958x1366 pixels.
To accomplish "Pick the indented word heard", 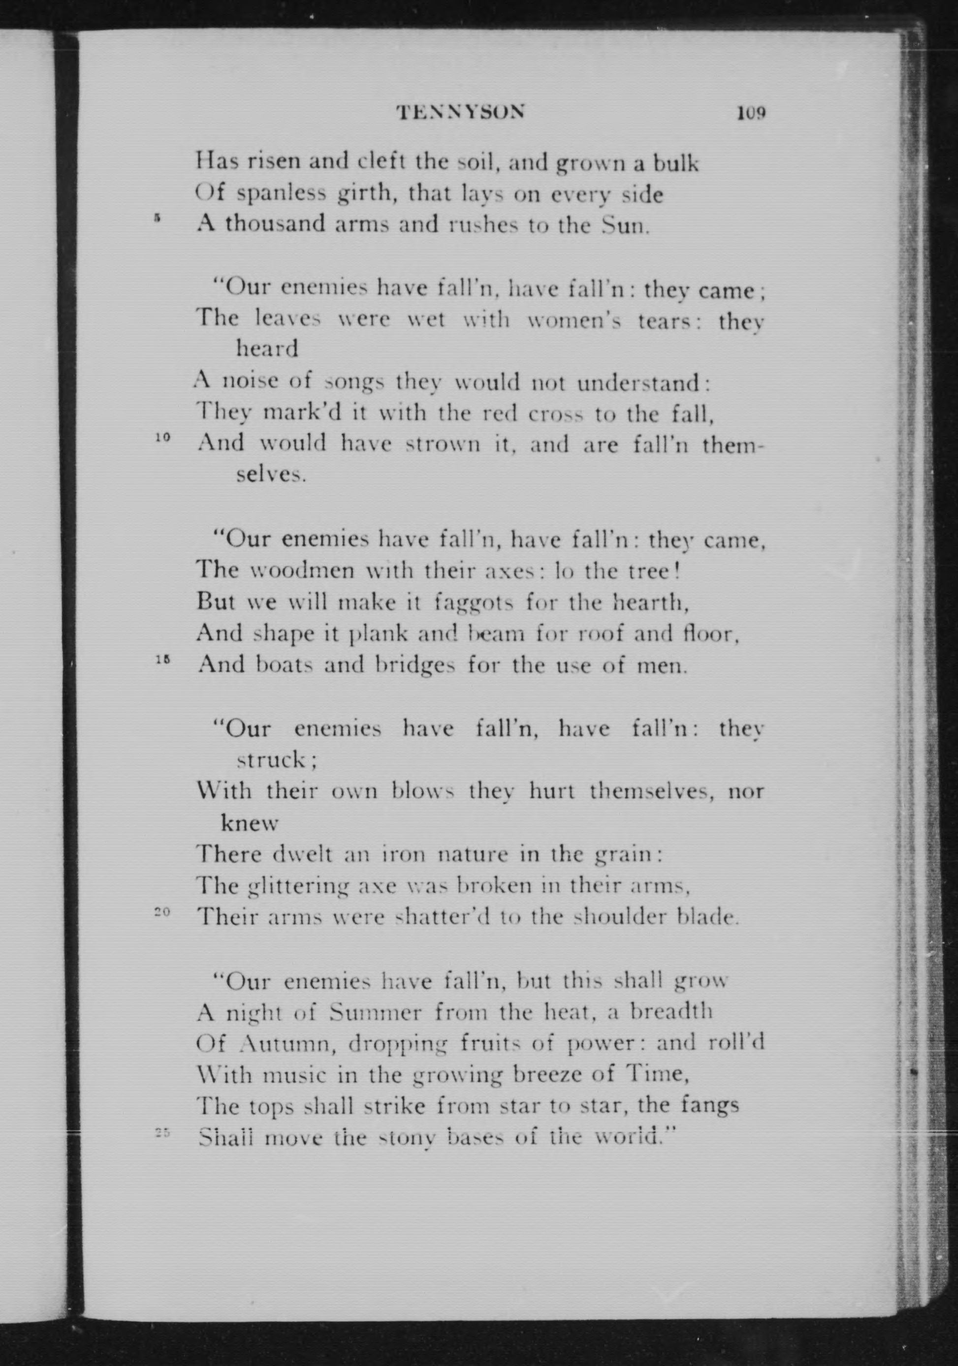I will [x=267, y=348].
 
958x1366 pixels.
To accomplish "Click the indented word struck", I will [x=275, y=760].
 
